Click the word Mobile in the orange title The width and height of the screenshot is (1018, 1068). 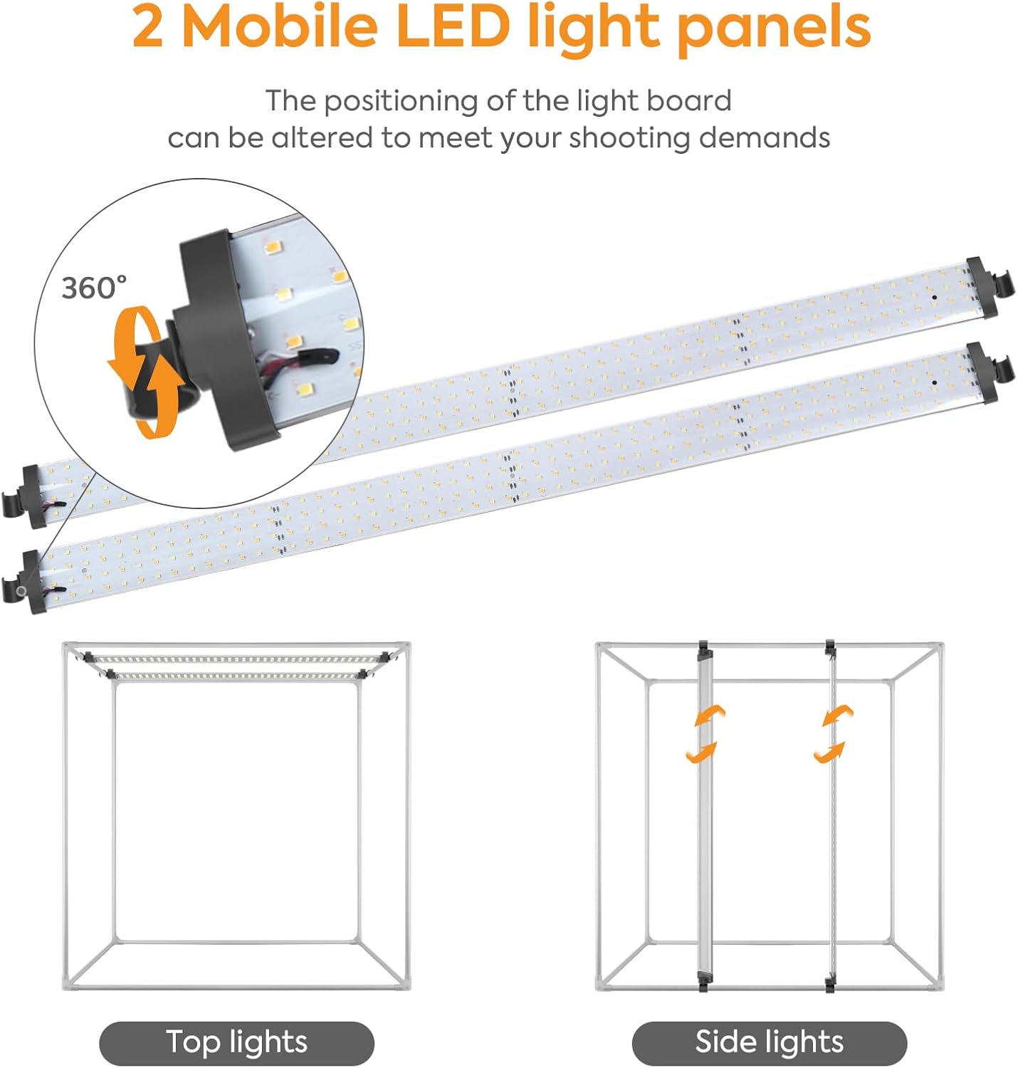[x=280, y=26]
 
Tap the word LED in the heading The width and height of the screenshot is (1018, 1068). [x=453, y=26]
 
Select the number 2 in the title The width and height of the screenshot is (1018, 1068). [x=147, y=27]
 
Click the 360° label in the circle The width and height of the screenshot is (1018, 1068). [x=94, y=288]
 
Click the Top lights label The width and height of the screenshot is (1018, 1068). [x=237, y=1042]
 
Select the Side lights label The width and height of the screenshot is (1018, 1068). [x=770, y=1042]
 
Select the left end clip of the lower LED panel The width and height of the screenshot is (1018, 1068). [x=24, y=582]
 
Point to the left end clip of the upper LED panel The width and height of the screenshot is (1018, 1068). [x=24, y=496]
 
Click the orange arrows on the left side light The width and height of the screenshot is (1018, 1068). [x=705, y=734]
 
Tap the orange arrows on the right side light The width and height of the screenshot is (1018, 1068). [x=834, y=734]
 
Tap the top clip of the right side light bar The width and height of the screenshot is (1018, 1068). [x=830, y=647]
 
